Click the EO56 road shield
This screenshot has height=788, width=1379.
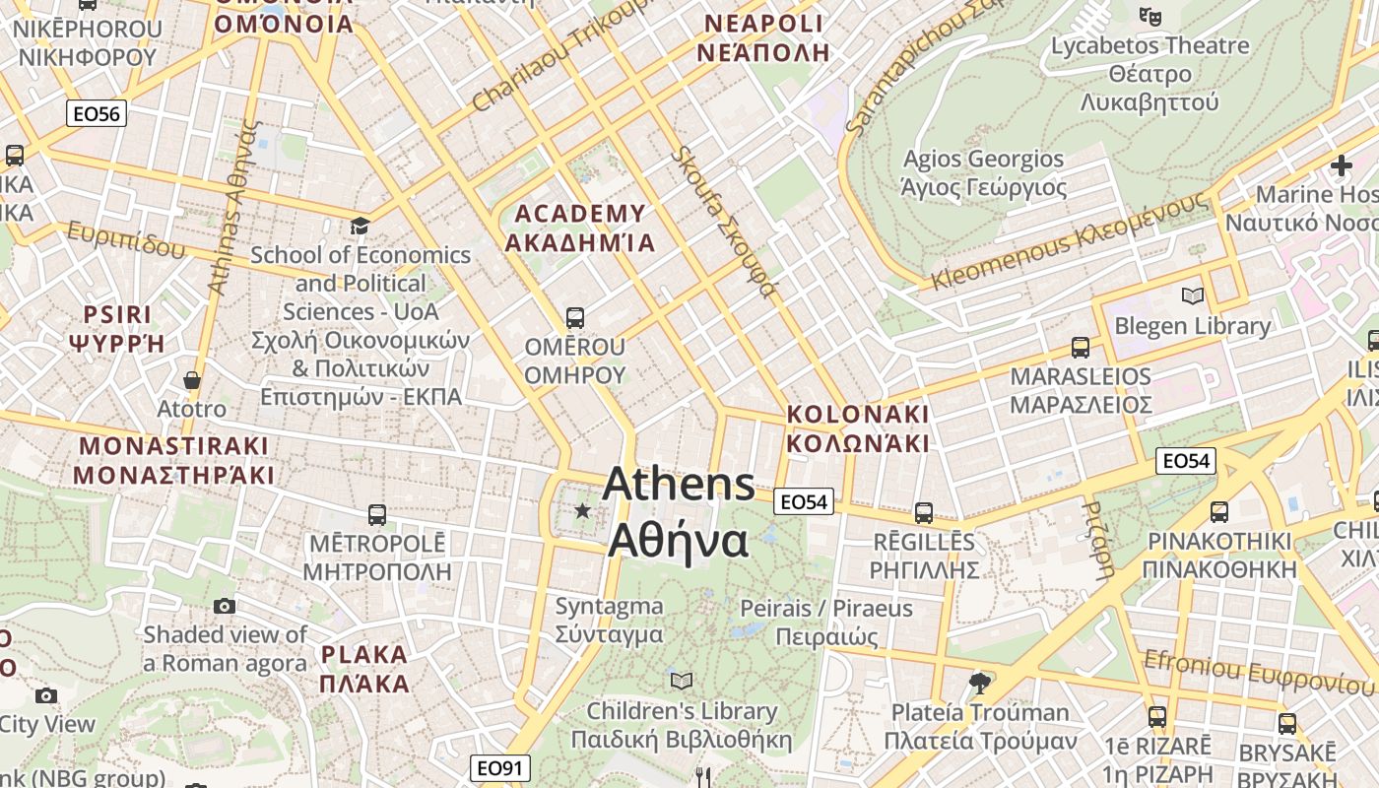[x=97, y=114]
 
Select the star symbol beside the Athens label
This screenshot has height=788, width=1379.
[x=583, y=510]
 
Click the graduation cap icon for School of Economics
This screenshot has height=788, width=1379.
[x=360, y=227]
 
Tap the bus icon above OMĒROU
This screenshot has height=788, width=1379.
[x=575, y=318]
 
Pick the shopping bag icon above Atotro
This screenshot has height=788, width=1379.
[x=192, y=380]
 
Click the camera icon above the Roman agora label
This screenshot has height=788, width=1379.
[x=225, y=606]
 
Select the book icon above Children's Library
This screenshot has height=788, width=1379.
[x=681, y=681]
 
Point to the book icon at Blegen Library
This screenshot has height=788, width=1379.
[x=1192, y=295]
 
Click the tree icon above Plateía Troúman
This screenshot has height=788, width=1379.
[x=979, y=683]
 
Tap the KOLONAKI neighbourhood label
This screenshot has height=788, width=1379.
[x=858, y=428]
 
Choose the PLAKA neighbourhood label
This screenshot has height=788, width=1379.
[x=364, y=669]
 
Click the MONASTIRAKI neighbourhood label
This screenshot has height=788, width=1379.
[x=173, y=460]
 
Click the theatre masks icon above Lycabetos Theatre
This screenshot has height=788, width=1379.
[x=1149, y=16]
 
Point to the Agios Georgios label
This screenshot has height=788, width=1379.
[x=984, y=172]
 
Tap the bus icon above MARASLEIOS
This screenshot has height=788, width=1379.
[x=1081, y=348]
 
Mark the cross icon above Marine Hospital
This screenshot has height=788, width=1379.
[x=1341, y=165]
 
